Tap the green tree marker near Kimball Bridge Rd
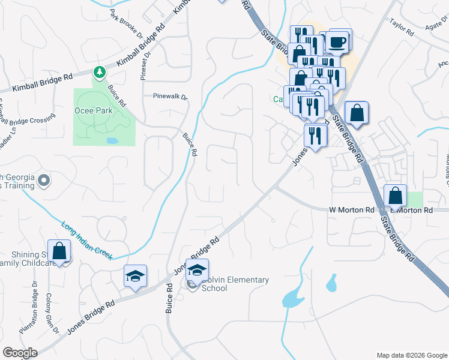pyautogui.click(x=99, y=73)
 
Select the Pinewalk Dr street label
pyautogui.click(x=170, y=96)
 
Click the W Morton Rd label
pyautogui.click(x=351, y=210)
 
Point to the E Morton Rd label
pyautogui.click(x=412, y=210)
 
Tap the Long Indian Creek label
pyautogui.click(x=87, y=241)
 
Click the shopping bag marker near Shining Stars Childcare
pyautogui.click(x=59, y=252)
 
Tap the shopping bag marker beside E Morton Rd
pyautogui.click(x=396, y=195)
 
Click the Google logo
pyautogui.click(x=19, y=352)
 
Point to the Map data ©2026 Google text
pyautogui.click(x=412, y=355)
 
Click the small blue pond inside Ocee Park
pyautogui.click(x=112, y=140)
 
